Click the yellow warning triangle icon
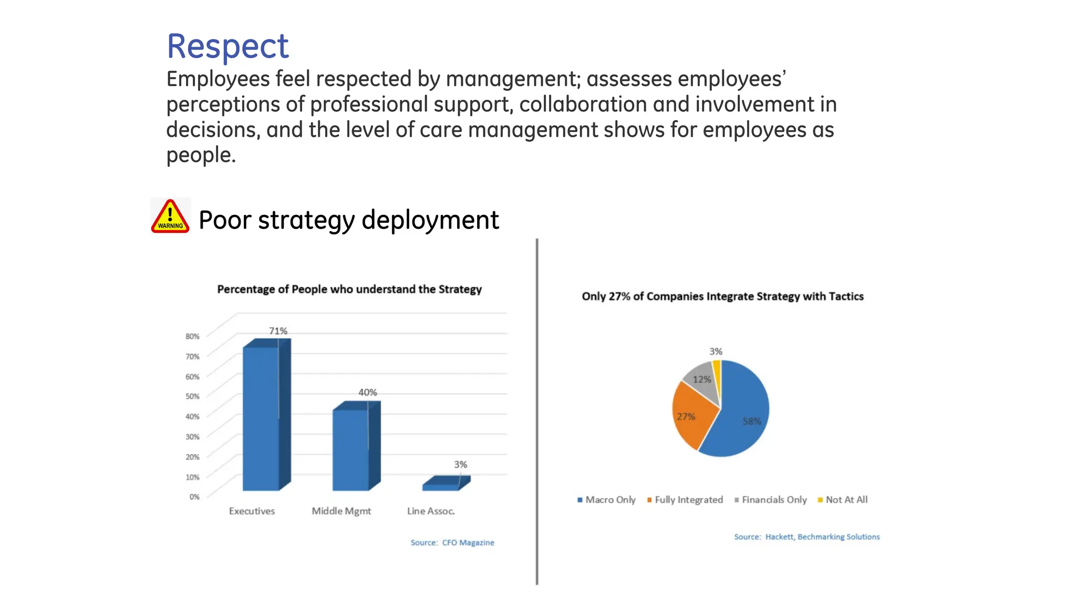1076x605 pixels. (x=170, y=216)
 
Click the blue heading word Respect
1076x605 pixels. (x=227, y=46)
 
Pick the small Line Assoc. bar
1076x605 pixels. (x=441, y=486)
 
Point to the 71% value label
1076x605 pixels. (x=278, y=331)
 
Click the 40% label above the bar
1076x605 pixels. (x=367, y=392)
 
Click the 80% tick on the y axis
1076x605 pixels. (x=192, y=336)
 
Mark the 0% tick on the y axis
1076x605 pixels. (x=194, y=496)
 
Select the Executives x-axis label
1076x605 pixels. (x=252, y=511)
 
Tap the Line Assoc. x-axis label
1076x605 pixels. (x=431, y=511)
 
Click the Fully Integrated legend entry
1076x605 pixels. (x=685, y=499)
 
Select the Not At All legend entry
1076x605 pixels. (x=843, y=499)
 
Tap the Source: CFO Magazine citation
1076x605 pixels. (x=452, y=543)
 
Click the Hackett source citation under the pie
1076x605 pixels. (x=806, y=537)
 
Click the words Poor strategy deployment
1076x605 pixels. (x=348, y=220)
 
